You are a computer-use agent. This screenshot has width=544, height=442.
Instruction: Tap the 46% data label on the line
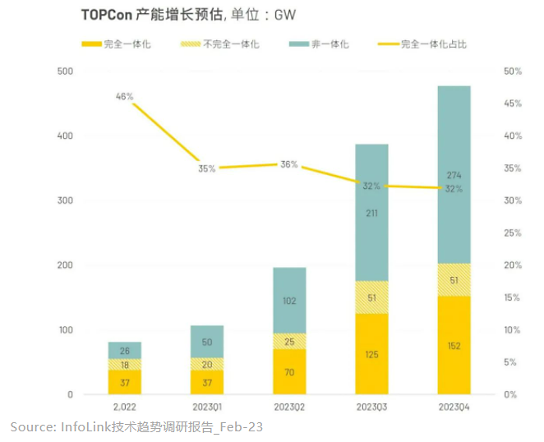[125, 96]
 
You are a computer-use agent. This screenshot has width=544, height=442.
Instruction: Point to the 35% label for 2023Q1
[206, 168]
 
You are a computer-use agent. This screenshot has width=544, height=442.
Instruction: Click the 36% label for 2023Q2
[288, 164]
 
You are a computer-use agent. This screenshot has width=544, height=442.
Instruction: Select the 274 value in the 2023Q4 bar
[454, 176]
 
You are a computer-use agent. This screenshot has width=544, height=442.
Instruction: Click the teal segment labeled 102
[289, 301]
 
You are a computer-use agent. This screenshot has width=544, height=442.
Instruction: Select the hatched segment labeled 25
[289, 340]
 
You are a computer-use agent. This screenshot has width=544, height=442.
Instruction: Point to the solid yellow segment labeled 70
[289, 372]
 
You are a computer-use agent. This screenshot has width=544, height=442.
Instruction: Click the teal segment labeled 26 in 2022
[125, 350]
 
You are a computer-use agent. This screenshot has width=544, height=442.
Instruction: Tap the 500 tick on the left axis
[65, 71]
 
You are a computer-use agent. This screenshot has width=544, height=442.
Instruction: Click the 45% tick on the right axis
[513, 104]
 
